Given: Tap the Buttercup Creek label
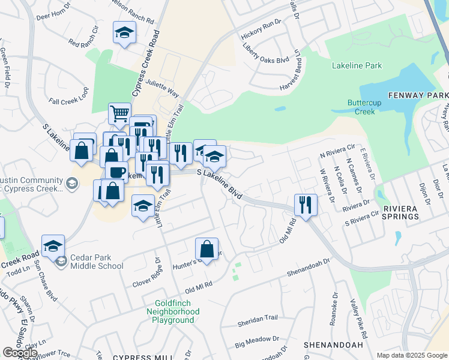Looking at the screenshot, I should point(361,107).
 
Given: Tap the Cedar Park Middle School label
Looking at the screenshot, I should point(96,262).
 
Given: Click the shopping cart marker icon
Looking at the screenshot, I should point(120,113).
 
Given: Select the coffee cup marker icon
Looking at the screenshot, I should point(116,172).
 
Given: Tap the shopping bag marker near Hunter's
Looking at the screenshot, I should point(206,249).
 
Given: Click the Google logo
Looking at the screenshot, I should point(20,352).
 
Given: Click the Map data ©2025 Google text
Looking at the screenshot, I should point(412,355).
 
